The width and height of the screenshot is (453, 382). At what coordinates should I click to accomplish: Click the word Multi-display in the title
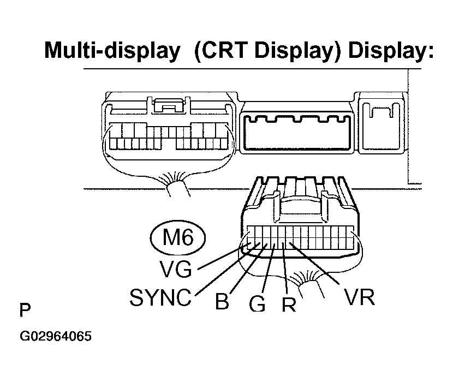coord(112,51)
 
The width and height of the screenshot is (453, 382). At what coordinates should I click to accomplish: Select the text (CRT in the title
coord(220,51)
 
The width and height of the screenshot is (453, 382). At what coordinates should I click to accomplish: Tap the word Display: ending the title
coord(391,51)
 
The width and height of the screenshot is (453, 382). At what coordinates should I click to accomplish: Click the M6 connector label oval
coord(178,237)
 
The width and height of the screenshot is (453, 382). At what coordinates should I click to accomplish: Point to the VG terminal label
coord(176,268)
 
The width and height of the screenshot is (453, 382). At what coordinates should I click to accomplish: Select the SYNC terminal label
coord(160,297)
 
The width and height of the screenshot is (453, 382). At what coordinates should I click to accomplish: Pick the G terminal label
coord(257,304)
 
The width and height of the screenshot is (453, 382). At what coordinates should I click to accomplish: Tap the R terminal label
coord(289,304)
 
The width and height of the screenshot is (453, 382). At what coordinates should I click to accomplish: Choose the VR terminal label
coord(359,297)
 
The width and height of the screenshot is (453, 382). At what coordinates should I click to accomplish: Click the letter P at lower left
coord(25,310)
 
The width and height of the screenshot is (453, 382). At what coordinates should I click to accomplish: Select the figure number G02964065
coord(56,336)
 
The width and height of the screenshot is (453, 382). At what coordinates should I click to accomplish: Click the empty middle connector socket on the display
coord(297,133)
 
